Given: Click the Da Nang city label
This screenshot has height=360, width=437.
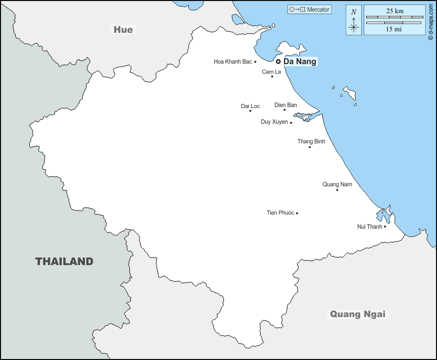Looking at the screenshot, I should pos(300,62).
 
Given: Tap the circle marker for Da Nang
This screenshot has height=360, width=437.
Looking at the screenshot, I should pos(278,62).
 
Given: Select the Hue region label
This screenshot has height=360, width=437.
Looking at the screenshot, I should pos(123,30).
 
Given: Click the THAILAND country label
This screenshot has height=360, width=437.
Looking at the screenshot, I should pos(64,262).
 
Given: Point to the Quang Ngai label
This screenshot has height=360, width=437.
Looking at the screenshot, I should pos(358,314).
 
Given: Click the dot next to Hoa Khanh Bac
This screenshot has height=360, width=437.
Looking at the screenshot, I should pos(255,62).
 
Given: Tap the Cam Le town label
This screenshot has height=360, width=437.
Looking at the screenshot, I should pos(271,72).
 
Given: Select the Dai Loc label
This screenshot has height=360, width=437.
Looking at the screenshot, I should pos(251,106).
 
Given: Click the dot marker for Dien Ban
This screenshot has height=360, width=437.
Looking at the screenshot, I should pos(284,110).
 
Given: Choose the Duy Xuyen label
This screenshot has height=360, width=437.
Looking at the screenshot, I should pos(274,122).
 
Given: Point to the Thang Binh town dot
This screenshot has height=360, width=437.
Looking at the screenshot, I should pos(310,147).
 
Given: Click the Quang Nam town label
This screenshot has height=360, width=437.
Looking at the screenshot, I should pos(337,184).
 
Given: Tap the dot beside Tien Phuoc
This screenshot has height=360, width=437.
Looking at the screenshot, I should pos(297,213).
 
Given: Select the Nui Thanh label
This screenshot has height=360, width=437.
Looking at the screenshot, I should pos(370,227).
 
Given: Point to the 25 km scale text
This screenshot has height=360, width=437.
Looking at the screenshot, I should pos(395,11).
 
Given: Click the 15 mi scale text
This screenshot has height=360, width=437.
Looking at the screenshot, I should pos(395,29).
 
